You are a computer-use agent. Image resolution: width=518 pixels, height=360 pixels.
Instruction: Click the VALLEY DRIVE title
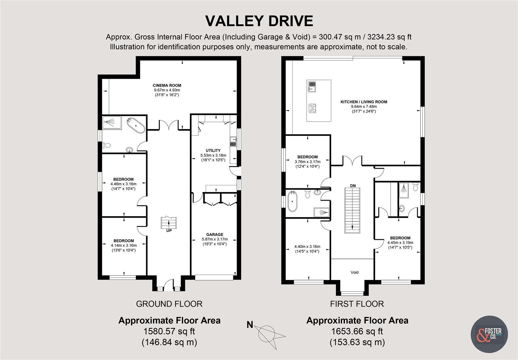259,21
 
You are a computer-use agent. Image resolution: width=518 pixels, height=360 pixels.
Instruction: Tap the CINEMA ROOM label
167,85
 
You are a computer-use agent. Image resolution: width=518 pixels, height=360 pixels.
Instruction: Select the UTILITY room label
213,151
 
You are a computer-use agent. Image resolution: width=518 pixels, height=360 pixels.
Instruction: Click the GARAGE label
215,234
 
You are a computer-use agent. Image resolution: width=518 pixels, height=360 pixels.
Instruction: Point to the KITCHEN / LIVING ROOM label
364,102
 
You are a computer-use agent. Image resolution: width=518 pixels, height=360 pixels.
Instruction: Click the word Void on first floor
354,272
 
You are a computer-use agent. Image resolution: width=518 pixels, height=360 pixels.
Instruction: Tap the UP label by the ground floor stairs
169,231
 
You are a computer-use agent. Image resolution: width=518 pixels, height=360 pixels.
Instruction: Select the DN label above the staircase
353,186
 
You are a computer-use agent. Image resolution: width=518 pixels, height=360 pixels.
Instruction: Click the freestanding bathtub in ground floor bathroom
136,125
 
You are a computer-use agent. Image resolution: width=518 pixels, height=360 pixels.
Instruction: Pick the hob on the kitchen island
312,108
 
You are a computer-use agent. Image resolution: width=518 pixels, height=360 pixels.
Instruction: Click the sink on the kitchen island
312,86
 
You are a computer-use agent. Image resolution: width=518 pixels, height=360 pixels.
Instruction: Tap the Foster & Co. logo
489,334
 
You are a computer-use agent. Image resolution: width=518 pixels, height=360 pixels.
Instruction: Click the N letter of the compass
250,325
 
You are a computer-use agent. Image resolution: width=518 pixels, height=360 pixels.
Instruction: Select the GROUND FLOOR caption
169,304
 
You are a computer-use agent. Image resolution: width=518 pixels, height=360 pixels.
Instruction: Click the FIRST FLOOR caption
357,304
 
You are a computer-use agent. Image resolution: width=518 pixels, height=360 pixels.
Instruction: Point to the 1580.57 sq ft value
169,331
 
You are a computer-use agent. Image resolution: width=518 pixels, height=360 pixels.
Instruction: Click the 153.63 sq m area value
357,342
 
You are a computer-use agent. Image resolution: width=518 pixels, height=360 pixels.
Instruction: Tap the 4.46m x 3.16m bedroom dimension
124,184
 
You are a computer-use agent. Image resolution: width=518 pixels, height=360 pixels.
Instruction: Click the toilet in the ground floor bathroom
107,145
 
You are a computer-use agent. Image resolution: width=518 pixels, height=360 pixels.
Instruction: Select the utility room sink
233,142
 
